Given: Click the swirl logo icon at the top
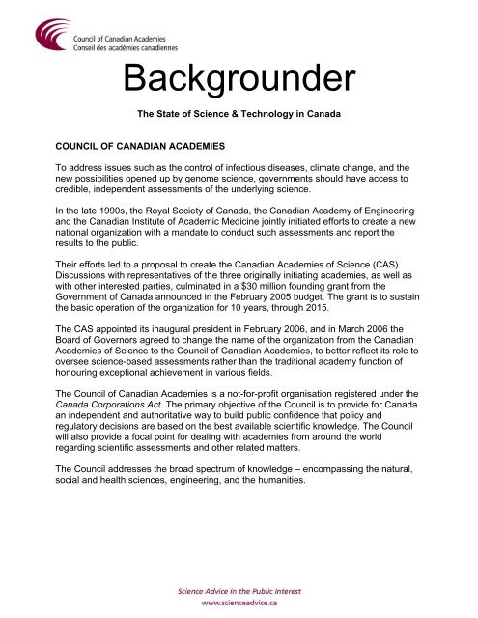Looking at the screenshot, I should pyautogui.click(x=49, y=36).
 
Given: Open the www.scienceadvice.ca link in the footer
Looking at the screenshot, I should pyautogui.click(x=239, y=600).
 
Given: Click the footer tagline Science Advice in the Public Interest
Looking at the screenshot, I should pyautogui.click(x=239, y=586).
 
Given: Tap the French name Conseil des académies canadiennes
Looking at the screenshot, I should pyautogui.click(x=132, y=41).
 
